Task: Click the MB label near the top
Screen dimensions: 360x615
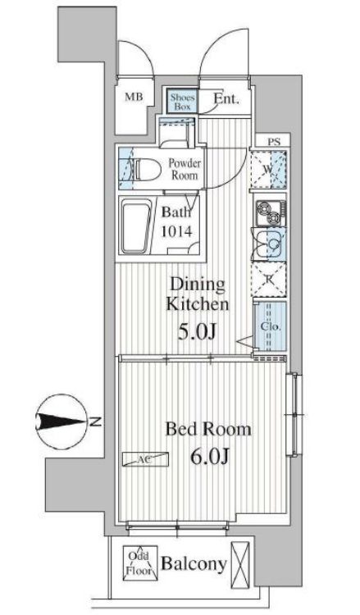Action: (x=134, y=97)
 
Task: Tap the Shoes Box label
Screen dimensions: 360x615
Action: (x=182, y=102)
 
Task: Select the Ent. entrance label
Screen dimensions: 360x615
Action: (x=226, y=99)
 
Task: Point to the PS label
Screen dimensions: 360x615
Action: (x=274, y=142)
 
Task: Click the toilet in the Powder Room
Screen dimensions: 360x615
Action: (x=148, y=169)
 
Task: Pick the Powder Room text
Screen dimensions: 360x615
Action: (x=185, y=169)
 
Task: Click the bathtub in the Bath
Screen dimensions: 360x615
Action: (x=136, y=227)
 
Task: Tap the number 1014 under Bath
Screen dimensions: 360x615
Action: (x=176, y=232)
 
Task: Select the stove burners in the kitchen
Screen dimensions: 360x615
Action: (x=270, y=214)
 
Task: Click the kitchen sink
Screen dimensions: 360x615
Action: (x=271, y=244)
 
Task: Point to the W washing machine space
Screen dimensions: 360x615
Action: (x=268, y=170)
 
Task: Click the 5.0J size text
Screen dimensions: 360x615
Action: (x=197, y=332)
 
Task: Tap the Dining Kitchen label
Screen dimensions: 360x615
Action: (x=198, y=294)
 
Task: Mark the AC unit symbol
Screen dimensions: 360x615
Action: (x=145, y=459)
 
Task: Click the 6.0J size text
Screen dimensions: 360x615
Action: (x=210, y=456)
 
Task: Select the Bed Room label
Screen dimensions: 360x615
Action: (x=208, y=429)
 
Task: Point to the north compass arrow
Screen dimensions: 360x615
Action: (x=62, y=422)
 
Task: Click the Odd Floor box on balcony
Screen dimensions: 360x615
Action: (x=140, y=563)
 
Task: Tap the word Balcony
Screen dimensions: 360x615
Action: (x=194, y=564)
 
